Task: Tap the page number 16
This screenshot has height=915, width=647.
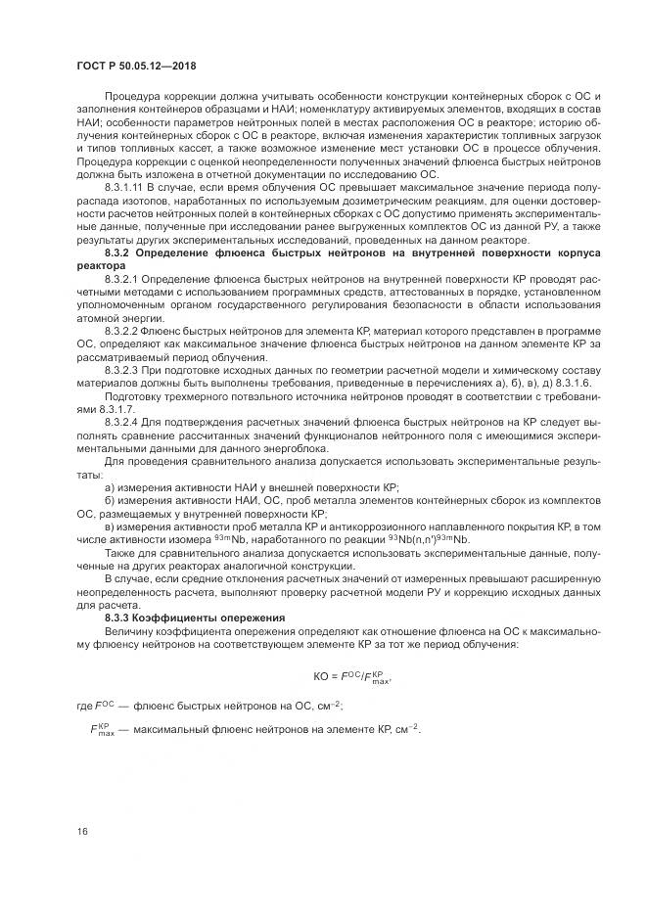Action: click(x=83, y=832)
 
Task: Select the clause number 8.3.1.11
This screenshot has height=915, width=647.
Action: click(x=124, y=186)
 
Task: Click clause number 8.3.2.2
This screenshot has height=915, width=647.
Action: click(x=121, y=333)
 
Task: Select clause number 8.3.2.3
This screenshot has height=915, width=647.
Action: click(x=121, y=372)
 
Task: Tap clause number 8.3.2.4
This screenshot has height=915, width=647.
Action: click(x=121, y=422)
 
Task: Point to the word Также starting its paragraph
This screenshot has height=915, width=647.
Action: click(x=119, y=553)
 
